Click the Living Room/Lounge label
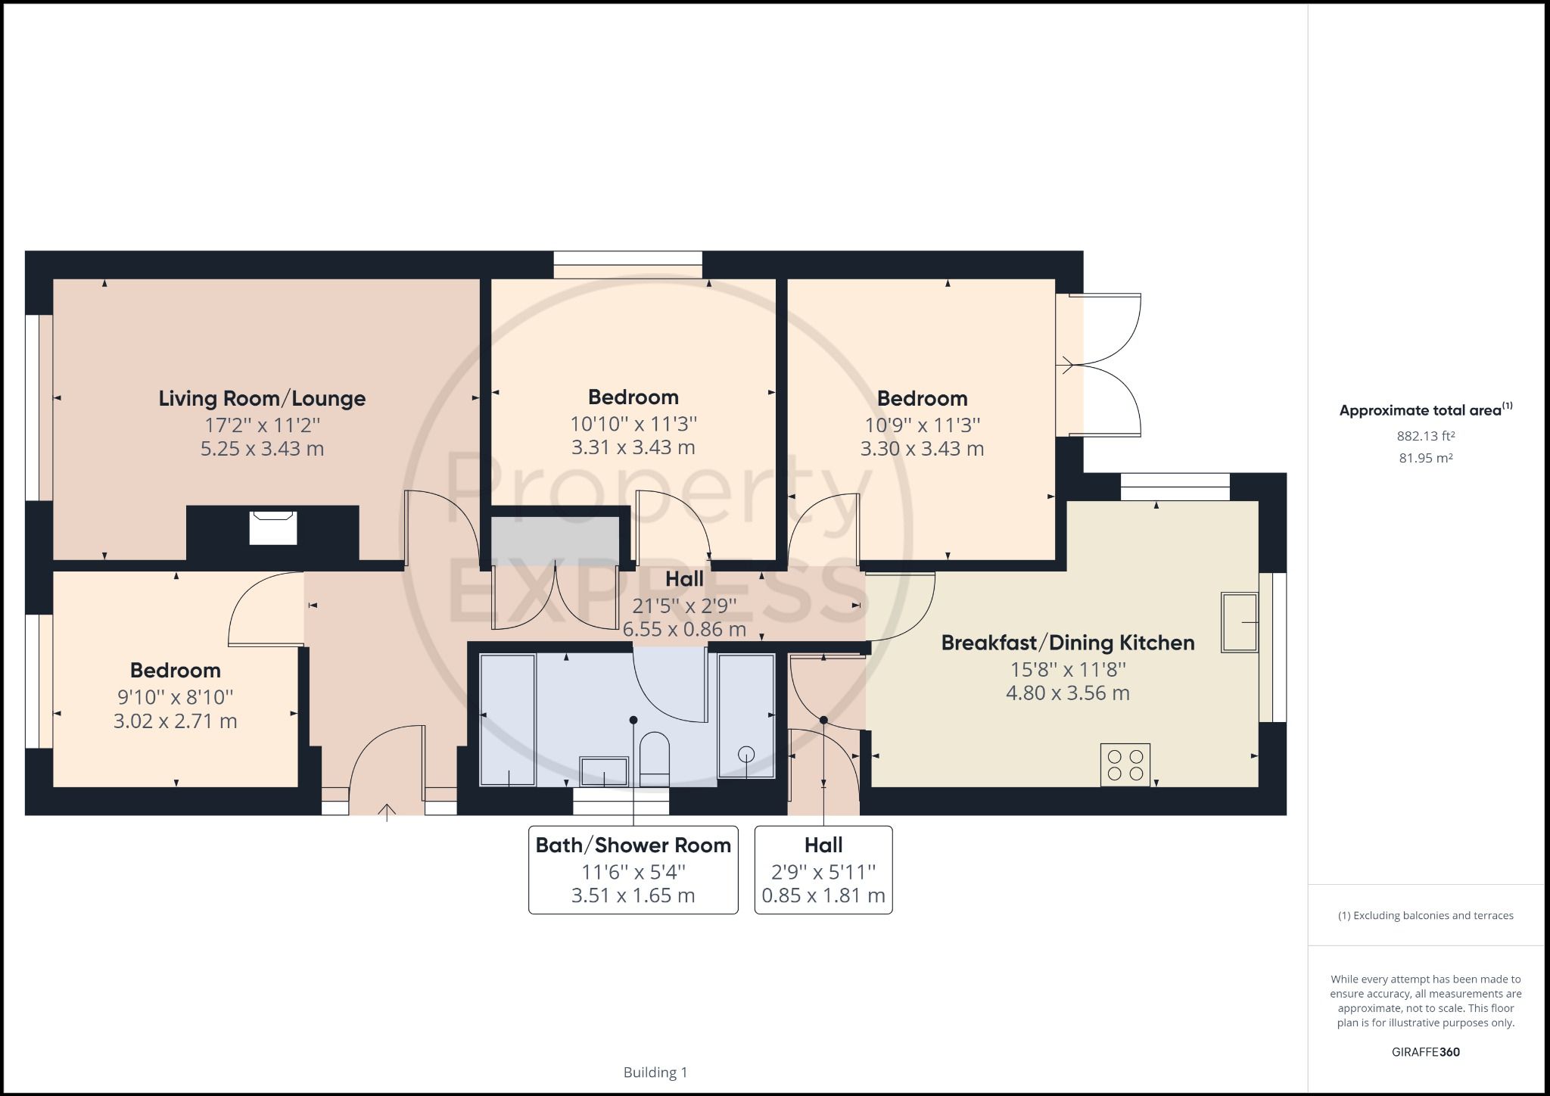click(x=262, y=398)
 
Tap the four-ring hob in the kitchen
click(x=1125, y=764)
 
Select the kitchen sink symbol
click(x=1240, y=622)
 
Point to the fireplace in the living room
click(x=273, y=527)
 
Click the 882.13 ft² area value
click(x=1426, y=436)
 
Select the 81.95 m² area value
click(x=1426, y=458)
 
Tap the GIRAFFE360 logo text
click(x=1426, y=1052)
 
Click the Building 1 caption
click(x=655, y=1072)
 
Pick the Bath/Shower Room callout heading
click(x=633, y=845)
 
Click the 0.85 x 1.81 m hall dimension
click(x=823, y=896)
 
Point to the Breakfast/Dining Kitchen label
click(x=1067, y=643)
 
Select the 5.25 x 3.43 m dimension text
click(x=262, y=449)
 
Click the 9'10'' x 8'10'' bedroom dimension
click(x=175, y=696)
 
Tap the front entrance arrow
click(x=387, y=812)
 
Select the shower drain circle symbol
click(x=746, y=754)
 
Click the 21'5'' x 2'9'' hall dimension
click(x=684, y=605)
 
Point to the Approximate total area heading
click(x=1425, y=410)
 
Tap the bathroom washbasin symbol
click(x=603, y=771)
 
